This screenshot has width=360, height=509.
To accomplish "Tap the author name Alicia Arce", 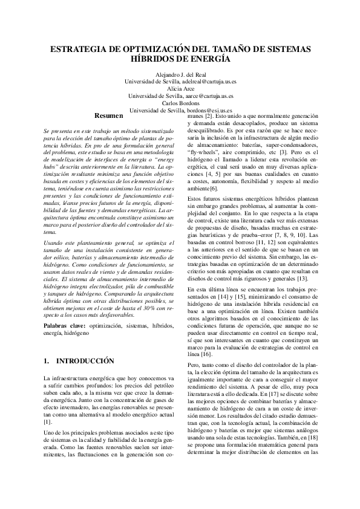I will click(x=180, y=88).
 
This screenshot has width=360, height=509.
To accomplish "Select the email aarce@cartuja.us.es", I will click(x=207, y=96).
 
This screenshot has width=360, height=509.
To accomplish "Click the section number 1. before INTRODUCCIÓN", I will click(x=48, y=361).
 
